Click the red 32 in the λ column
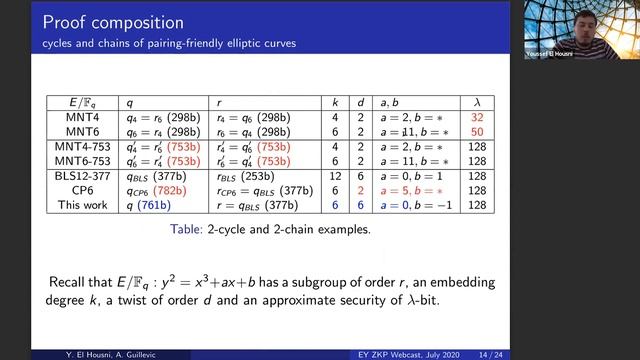tap(476, 117)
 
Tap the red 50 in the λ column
tap(476, 131)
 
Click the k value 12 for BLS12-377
tap(335, 176)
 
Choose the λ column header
tap(476, 102)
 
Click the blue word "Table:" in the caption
tap(191, 229)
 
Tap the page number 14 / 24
tap(575, 353)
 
